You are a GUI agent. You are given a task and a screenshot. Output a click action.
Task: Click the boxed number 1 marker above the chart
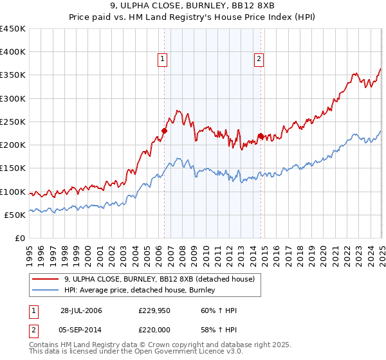163,60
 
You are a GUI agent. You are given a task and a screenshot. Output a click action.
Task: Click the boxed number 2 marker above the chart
259,60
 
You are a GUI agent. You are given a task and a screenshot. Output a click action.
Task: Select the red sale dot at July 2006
164,131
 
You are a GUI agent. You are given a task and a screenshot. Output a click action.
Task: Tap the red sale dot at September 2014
261,136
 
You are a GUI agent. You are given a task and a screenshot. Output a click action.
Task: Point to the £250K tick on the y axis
12,122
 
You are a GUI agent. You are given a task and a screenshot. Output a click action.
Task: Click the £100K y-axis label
12,192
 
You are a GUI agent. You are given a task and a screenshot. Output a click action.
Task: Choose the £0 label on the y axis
19,238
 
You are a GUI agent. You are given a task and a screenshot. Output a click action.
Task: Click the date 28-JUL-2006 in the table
81,310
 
